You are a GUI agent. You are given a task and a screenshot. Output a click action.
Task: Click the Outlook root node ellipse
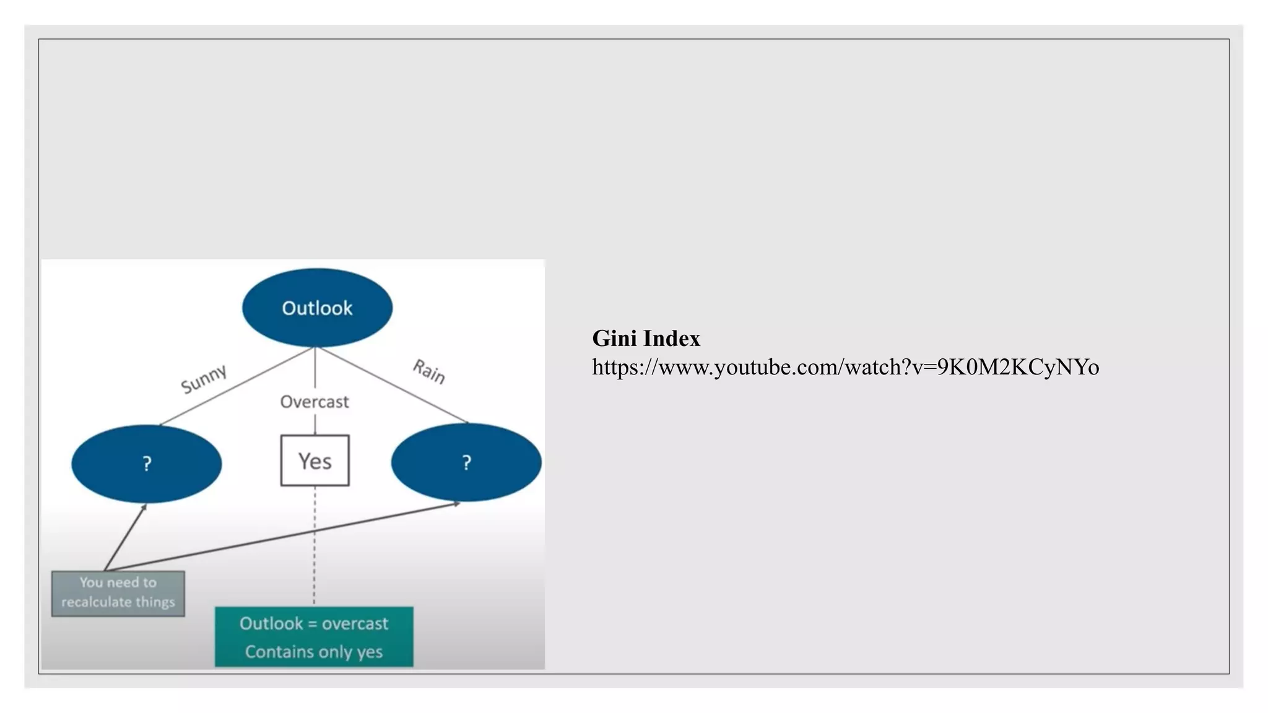317,308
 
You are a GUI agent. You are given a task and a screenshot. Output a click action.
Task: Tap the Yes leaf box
315,461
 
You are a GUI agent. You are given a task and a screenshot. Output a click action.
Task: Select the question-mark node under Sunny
147,464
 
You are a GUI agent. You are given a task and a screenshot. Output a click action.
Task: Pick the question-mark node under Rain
466,462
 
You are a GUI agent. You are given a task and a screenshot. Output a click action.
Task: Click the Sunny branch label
204,378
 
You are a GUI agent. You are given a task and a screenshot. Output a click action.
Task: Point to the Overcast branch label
315,402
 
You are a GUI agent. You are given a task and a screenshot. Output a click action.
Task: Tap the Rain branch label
429,371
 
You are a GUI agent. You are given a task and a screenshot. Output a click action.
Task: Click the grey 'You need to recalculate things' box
118,593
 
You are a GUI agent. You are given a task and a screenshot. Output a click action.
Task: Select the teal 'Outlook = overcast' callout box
314,637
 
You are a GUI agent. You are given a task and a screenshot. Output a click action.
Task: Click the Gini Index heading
646,339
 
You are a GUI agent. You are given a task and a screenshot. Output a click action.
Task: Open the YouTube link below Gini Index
845,368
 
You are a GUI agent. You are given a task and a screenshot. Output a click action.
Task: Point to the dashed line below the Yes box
315,545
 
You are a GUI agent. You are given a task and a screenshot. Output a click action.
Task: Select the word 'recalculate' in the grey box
96,602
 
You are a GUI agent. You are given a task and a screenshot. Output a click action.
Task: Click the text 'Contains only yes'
314,652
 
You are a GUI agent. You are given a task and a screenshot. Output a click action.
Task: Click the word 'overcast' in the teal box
355,624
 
